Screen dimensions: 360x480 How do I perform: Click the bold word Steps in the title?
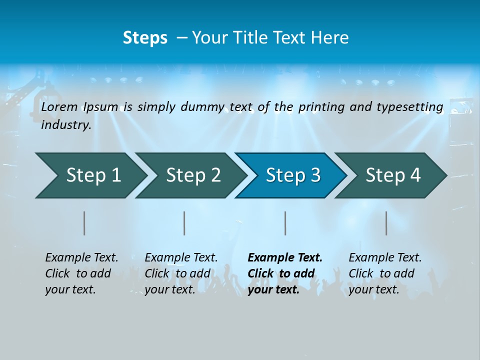pyautogui.click(x=145, y=37)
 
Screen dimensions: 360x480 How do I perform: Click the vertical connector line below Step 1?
pyautogui.click(x=84, y=223)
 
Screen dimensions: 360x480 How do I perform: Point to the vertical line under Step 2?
pyautogui.click(x=184, y=223)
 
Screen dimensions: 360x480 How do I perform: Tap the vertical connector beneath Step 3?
pyautogui.click(x=285, y=223)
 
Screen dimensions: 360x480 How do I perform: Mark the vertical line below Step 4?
pyautogui.click(x=386, y=223)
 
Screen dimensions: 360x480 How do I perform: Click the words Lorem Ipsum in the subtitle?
pyautogui.click(x=80, y=106)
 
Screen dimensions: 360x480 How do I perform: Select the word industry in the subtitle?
pyautogui.click(x=66, y=124)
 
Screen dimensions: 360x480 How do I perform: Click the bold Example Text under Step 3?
pyautogui.click(x=285, y=257)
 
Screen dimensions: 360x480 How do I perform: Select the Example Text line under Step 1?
pyautogui.click(x=81, y=257)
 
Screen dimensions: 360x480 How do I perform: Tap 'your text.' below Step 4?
pyautogui.click(x=374, y=289)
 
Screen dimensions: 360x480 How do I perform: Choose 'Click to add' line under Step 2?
pyautogui.click(x=177, y=273)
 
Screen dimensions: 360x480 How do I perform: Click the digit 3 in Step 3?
pyautogui.click(x=315, y=175)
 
